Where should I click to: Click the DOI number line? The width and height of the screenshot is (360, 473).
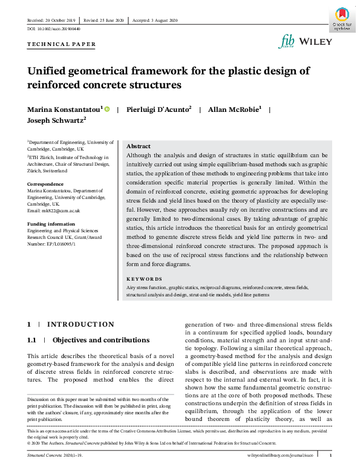(x=54, y=28)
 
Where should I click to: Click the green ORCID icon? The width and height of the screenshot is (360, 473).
(x=107, y=109)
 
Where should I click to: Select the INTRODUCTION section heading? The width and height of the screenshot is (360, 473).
(x=80, y=325)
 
